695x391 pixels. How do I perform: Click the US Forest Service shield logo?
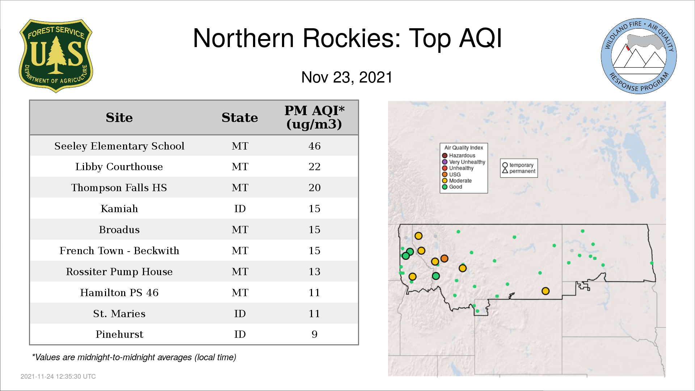pyautogui.click(x=56, y=56)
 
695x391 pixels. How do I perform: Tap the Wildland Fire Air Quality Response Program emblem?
pyautogui.click(x=639, y=56)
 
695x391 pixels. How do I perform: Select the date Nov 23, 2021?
pyautogui.click(x=347, y=77)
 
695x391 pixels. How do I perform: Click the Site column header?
pyautogui.click(x=119, y=118)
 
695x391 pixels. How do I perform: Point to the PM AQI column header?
pyautogui.click(x=314, y=117)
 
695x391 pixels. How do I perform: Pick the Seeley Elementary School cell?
pyautogui.click(x=119, y=146)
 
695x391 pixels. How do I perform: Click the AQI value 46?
pyautogui.click(x=314, y=146)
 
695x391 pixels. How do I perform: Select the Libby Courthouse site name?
pyautogui.click(x=119, y=167)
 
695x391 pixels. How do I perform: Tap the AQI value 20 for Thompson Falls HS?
pyautogui.click(x=314, y=188)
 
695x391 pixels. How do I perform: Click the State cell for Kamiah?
pyautogui.click(x=240, y=209)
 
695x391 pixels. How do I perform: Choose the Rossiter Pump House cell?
pyautogui.click(x=119, y=272)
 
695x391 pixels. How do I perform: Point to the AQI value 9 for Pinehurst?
pyautogui.click(x=314, y=334)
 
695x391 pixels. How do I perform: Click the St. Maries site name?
pyautogui.click(x=119, y=314)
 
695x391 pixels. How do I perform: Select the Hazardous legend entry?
pyautogui.click(x=459, y=156)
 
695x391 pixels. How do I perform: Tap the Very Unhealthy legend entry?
pyautogui.click(x=464, y=162)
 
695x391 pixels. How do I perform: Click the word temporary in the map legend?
pyautogui.click(x=521, y=165)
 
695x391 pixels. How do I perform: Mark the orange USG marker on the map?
pyautogui.click(x=445, y=258)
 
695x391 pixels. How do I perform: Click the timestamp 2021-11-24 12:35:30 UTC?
pyautogui.click(x=58, y=377)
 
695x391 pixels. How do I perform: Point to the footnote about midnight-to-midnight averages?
pyautogui.click(x=134, y=357)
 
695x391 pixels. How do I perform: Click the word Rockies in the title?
pyautogui.click(x=351, y=38)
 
